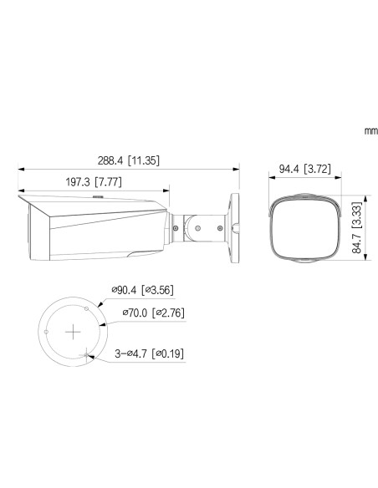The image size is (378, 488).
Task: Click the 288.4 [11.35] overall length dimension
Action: (128, 160)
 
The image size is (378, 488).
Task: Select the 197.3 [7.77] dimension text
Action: (94, 182)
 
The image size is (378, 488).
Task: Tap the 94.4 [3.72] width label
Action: (305, 169)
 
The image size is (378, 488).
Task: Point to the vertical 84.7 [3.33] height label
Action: (357, 227)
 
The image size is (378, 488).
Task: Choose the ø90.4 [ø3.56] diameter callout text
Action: (142, 290)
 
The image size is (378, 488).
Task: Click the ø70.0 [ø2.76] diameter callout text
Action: (153, 313)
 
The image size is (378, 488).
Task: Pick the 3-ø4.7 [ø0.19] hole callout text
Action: (149, 353)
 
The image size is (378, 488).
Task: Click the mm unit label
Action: (371, 131)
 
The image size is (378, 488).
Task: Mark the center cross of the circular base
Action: (73, 332)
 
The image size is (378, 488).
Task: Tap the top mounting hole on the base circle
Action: (87, 308)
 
